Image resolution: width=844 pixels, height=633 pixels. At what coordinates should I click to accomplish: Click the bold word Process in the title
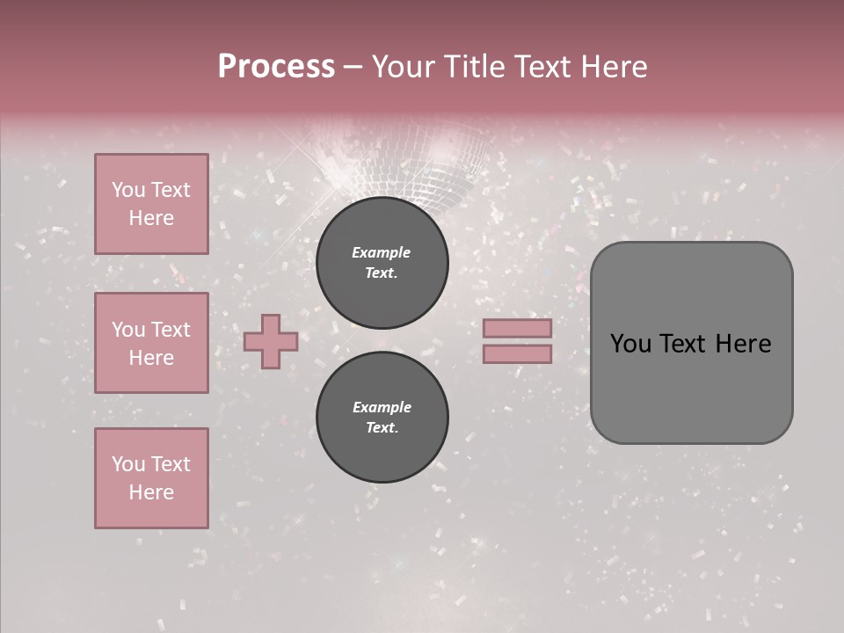276,67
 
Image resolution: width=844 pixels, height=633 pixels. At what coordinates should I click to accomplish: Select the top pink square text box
151,204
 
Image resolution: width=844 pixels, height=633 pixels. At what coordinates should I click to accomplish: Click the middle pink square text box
151,343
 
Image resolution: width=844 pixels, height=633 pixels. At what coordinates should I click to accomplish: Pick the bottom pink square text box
151,478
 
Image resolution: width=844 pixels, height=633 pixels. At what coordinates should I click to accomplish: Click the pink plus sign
271,341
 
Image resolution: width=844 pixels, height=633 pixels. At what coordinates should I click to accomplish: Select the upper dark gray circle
382,263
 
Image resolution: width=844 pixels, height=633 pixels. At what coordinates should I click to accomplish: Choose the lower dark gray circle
382,418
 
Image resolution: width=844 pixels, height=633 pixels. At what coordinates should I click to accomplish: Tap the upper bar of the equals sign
517,329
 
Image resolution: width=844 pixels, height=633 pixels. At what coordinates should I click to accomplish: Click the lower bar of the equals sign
517,354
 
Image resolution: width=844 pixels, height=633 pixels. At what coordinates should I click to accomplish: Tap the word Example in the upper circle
382,253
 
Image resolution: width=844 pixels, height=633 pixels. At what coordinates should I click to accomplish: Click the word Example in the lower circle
382,408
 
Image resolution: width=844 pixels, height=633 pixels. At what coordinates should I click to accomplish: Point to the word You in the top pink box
128,190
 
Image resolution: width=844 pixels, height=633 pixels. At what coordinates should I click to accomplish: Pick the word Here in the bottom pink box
151,493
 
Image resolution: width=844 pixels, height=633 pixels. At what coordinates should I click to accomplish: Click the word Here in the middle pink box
151,359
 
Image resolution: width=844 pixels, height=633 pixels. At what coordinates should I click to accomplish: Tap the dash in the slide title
353,68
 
